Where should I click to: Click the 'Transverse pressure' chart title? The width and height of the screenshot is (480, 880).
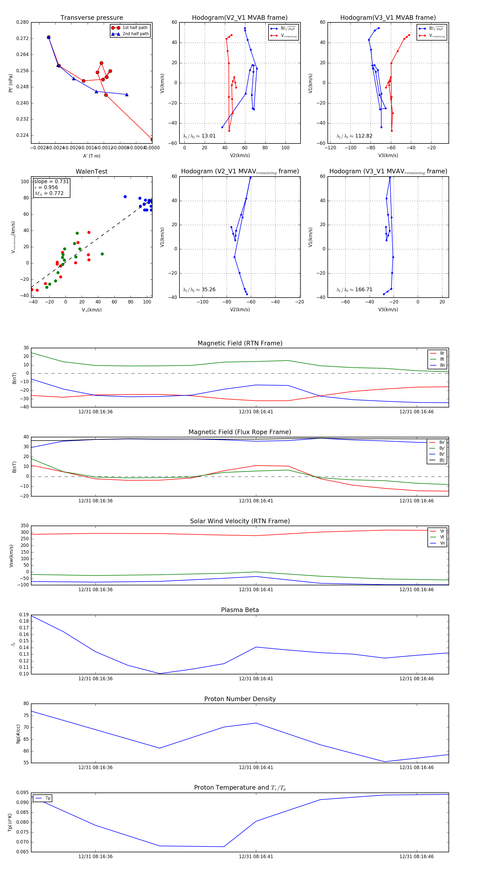click(91, 18)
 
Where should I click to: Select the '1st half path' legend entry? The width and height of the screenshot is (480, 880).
click(135, 28)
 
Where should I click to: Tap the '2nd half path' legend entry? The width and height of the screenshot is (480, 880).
click(135, 34)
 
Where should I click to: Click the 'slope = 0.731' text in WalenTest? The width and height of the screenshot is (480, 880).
click(51, 181)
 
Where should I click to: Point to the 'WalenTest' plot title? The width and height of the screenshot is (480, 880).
click(91, 171)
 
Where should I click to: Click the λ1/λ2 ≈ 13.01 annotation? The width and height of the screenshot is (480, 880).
click(199, 136)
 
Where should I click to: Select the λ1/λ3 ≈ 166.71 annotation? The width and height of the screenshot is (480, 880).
click(354, 289)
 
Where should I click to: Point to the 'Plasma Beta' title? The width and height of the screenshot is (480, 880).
click(240, 610)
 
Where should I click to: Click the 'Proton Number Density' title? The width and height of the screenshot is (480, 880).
click(240, 699)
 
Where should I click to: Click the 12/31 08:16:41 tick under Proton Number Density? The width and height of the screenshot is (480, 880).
click(256, 767)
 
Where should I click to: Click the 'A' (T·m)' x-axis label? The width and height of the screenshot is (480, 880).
click(91, 156)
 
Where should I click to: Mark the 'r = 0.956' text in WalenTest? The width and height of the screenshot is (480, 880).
click(46, 187)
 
